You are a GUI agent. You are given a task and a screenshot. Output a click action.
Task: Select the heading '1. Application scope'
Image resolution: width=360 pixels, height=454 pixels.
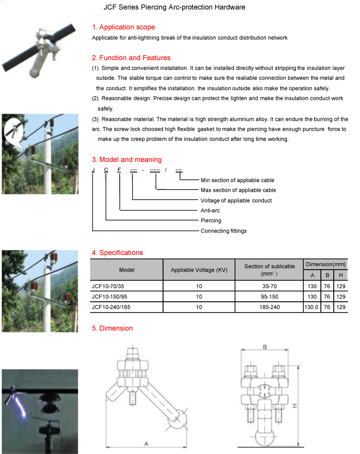click(123, 27)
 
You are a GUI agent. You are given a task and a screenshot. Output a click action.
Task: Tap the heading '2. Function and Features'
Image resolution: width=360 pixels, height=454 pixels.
click(131, 58)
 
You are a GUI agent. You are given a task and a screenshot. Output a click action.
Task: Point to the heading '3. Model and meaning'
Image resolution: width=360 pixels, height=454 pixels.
click(127, 159)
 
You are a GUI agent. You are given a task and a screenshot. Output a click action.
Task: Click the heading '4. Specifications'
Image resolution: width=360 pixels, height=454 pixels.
click(117, 252)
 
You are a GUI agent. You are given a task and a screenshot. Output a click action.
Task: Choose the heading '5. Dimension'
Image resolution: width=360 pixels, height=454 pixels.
click(112, 328)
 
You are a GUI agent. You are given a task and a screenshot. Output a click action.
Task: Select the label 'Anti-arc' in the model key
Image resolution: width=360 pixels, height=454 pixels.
click(210, 210)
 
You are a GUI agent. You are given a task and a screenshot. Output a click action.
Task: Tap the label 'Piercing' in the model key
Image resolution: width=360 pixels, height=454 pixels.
click(211, 221)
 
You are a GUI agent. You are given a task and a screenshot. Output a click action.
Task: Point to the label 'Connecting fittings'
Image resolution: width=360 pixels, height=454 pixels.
click(223, 231)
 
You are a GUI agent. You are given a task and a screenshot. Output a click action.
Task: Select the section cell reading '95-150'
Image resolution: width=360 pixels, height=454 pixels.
click(269, 297)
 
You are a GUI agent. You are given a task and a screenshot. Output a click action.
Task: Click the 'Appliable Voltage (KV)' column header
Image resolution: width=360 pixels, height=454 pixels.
click(199, 270)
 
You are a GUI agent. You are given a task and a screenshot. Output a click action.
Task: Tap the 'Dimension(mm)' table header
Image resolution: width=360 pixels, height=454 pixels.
click(326, 264)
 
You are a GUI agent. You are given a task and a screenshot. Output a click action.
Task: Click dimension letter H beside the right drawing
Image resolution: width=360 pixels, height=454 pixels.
click(294, 406)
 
